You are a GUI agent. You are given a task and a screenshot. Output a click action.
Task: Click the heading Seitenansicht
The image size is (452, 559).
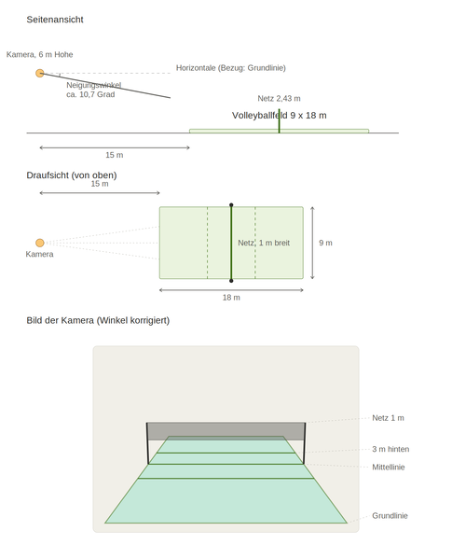point(55,20)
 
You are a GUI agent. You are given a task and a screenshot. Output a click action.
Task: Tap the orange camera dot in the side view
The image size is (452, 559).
point(40,73)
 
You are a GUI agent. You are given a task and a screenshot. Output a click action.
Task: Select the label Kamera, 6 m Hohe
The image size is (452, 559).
point(39,54)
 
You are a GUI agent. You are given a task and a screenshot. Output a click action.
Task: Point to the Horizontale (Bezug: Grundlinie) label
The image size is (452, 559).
point(230,68)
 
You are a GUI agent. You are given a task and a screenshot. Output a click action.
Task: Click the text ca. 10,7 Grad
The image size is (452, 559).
point(90,94)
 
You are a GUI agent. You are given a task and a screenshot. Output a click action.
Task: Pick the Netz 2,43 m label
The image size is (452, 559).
point(279,98)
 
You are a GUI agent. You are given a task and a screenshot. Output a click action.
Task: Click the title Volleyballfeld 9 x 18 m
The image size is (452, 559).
point(279,115)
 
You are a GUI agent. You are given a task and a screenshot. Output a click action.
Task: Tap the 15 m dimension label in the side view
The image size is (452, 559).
point(115,155)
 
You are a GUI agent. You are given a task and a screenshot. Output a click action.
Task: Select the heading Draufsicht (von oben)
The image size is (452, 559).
point(72,175)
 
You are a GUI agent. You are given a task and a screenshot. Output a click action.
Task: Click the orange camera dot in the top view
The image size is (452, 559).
point(40,243)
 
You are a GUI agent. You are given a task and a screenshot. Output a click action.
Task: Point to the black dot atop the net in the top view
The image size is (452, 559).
point(231,205)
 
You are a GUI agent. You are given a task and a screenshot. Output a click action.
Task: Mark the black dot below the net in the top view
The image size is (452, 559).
point(231,281)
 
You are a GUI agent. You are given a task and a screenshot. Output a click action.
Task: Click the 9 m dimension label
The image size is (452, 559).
point(325,243)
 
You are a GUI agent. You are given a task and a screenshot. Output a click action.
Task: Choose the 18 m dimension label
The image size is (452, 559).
point(231,298)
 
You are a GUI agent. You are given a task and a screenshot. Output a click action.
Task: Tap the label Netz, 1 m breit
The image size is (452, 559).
point(264,243)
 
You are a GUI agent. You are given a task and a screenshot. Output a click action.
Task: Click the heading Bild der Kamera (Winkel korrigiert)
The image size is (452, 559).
point(98,320)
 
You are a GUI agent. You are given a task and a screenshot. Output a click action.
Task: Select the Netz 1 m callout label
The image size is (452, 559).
point(388,418)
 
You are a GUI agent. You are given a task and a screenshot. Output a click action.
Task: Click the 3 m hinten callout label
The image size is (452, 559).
point(390,449)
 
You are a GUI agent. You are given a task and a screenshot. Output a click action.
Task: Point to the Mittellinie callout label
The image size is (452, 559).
point(389,467)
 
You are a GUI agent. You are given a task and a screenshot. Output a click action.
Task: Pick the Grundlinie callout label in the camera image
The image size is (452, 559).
point(390,515)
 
